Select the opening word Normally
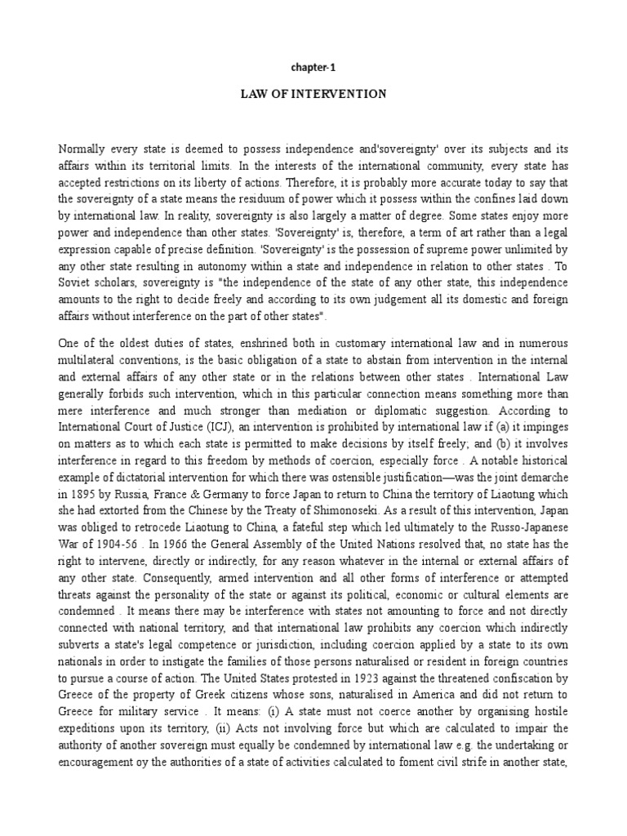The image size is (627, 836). click(x=83, y=149)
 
